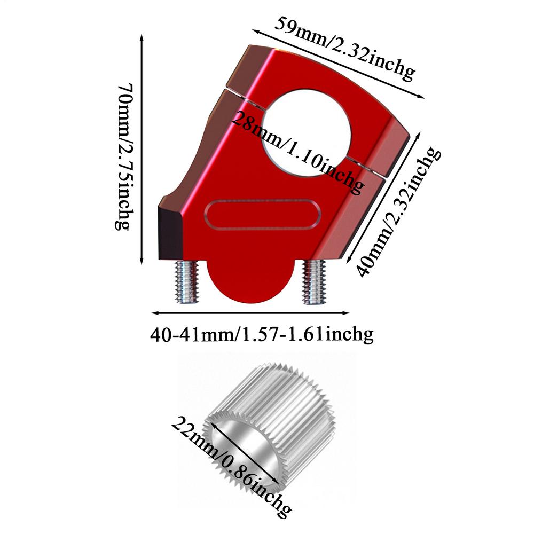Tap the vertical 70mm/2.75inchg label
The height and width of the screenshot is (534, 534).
click(123, 156)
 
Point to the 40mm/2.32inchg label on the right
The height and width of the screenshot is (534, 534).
click(398, 211)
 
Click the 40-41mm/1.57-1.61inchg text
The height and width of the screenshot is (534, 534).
click(262, 334)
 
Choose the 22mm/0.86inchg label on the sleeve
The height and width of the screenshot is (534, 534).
click(231, 468)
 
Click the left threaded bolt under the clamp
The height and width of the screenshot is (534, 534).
click(186, 281)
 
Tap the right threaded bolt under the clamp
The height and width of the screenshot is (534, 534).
click(315, 282)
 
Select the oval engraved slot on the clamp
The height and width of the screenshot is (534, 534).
click(262, 215)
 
